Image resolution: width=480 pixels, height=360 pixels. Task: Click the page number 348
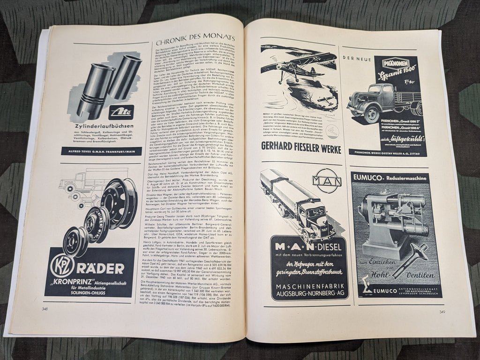[x=45, y=308]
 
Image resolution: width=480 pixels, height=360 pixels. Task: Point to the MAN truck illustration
[x=300, y=206]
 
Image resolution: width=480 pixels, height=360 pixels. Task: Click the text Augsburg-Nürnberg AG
[x=310, y=294]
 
